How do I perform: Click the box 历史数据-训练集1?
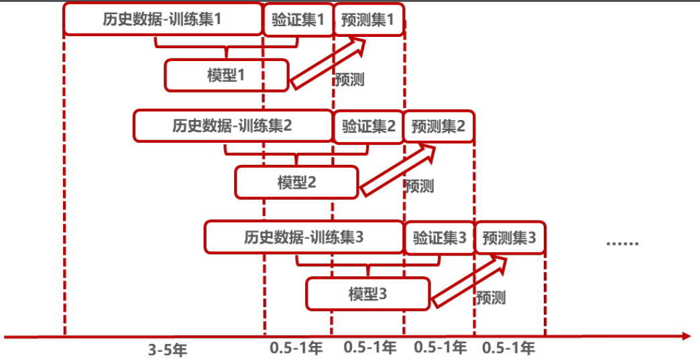[x=163, y=19]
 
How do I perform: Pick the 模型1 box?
[x=227, y=75]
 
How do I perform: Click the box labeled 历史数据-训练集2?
[x=233, y=125]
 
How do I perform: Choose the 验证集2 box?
[x=368, y=126]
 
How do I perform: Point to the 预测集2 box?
[x=439, y=126]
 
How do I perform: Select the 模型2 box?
[x=296, y=182]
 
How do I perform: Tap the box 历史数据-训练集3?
[x=304, y=237]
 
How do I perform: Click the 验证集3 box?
[x=439, y=237]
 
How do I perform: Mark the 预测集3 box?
[x=510, y=237]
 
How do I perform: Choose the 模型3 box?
[x=367, y=294]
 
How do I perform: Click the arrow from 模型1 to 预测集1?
[x=329, y=64]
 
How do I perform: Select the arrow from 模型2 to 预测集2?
[x=399, y=171]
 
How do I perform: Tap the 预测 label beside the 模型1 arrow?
[x=349, y=79]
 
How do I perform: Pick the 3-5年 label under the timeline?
[x=164, y=349]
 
